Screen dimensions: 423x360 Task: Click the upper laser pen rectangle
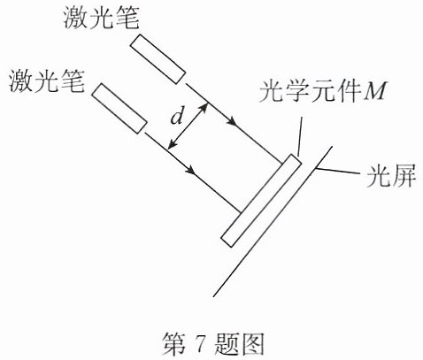(158, 59)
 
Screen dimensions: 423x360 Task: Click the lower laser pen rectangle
(119, 109)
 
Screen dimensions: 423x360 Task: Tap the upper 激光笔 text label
(102, 18)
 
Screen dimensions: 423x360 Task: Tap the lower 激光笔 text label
(47, 80)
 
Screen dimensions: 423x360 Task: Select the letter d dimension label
(176, 118)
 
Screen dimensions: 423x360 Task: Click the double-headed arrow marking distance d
(188, 126)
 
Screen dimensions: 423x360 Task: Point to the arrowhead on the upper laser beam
(232, 121)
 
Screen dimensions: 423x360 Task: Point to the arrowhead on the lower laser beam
(191, 170)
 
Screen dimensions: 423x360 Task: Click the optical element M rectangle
(261, 200)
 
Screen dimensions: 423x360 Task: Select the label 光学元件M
(322, 91)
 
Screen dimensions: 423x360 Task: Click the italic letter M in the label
(374, 91)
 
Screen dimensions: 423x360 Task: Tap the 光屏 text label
(391, 176)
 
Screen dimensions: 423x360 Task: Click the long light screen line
(273, 221)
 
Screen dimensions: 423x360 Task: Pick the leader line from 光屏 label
(338, 171)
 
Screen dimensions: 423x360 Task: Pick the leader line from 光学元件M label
(300, 136)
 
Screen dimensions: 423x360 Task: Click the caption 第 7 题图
(213, 344)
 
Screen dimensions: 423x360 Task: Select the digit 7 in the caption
(201, 344)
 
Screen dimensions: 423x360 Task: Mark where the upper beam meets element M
(282, 162)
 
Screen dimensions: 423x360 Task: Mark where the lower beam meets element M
(241, 211)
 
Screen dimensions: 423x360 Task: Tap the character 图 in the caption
(252, 344)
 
